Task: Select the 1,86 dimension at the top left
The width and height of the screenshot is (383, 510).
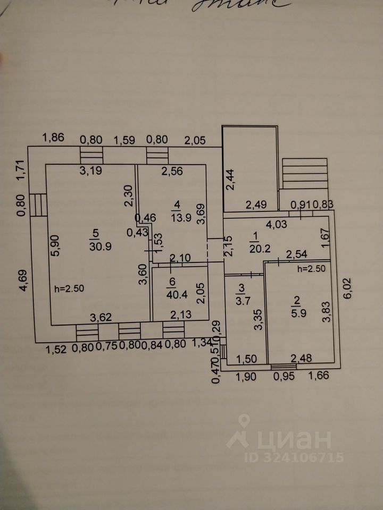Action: click(x=53, y=139)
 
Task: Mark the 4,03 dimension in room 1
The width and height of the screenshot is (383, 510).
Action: click(x=277, y=225)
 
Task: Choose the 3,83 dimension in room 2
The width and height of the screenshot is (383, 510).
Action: click(x=326, y=312)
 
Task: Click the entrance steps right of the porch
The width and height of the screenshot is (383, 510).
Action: click(x=304, y=173)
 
